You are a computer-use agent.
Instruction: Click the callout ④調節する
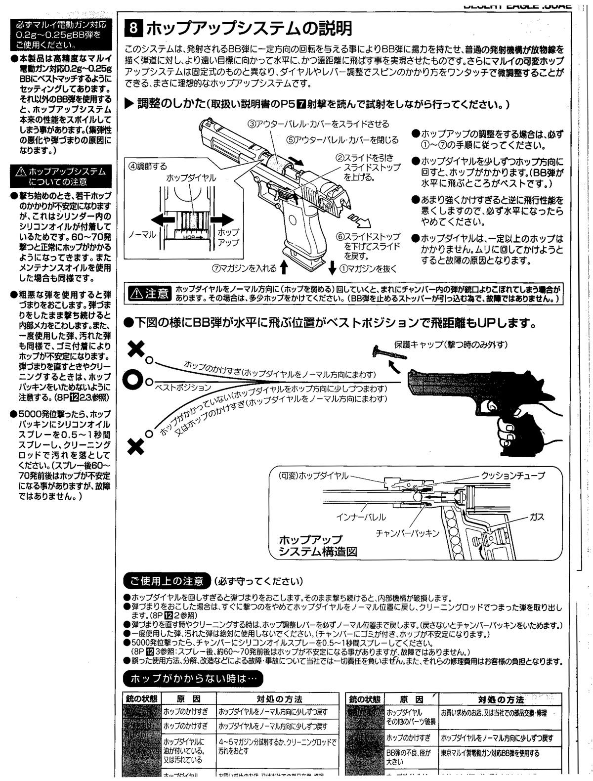[148, 166]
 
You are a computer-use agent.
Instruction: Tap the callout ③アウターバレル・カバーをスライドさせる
[318, 124]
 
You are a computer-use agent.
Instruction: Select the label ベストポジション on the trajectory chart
[183, 388]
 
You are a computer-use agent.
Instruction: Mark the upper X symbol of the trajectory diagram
[135, 349]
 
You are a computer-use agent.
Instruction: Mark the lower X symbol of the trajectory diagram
[135, 447]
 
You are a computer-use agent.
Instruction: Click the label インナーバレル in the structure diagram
[361, 518]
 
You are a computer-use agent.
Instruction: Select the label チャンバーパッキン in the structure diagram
[407, 533]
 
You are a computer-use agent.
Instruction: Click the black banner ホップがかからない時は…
[193, 679]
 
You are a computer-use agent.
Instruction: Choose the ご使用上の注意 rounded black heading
[167, 580]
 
